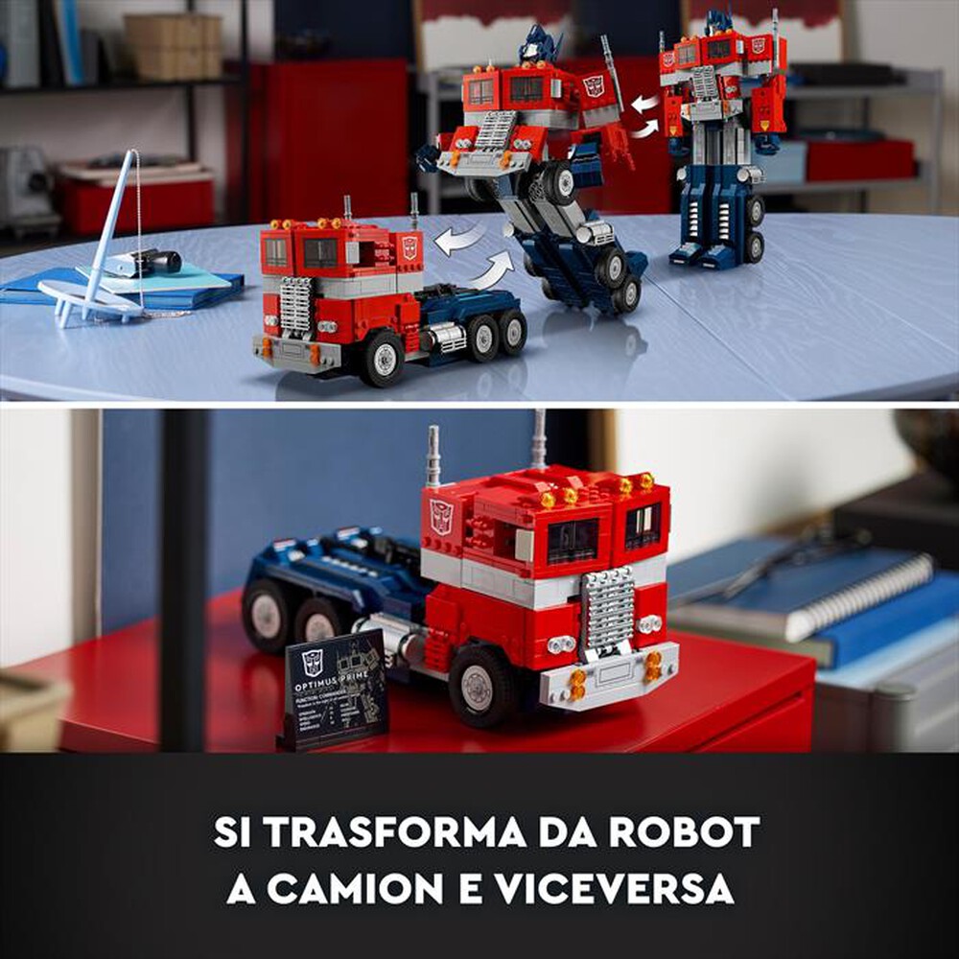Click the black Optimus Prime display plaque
[x=335, y=687]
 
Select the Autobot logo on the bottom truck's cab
[x=441, y=516]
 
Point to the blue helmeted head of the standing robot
[x=719, y=22]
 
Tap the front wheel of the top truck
[x=383, y=358]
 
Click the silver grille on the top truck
[x=295, y=305]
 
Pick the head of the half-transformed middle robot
[x=540, y=45]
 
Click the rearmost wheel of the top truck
[x=513, y=331]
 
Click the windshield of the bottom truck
[x=573, y=540]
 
